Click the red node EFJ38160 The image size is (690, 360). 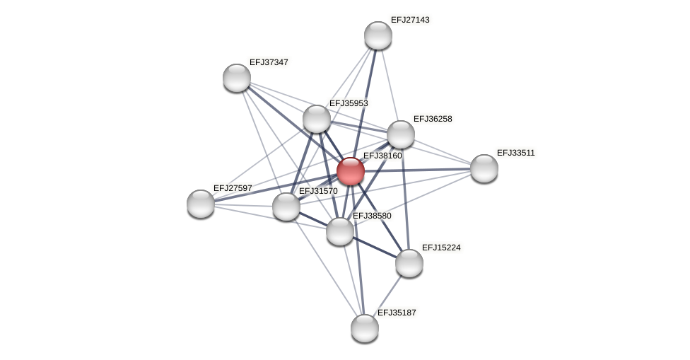pos(350,171)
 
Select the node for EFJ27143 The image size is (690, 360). pos(378,35)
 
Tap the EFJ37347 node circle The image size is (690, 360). pos(237,78)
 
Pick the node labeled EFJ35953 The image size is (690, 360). pos(317,119)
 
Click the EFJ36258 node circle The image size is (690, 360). pos(401,134)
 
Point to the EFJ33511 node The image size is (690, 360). pos(484,168)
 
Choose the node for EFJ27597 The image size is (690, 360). pos(201,204)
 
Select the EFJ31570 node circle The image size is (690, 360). pos(286,207)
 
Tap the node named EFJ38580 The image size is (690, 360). pos(340,231)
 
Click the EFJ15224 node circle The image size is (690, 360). pos(409,263)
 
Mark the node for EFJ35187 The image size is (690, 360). pos(365,328)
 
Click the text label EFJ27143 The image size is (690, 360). pos(410,20)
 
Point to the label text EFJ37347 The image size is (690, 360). pos(269,62)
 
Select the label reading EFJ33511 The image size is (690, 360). pos(516,153)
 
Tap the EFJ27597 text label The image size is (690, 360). pos(233,188)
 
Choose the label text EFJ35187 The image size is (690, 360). pos(397,313)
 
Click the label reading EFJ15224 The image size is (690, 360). pos(441,248)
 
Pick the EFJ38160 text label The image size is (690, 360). pos(382,156)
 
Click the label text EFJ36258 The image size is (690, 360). pos(433,119)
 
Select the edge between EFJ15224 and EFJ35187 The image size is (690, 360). pos(387,296)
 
